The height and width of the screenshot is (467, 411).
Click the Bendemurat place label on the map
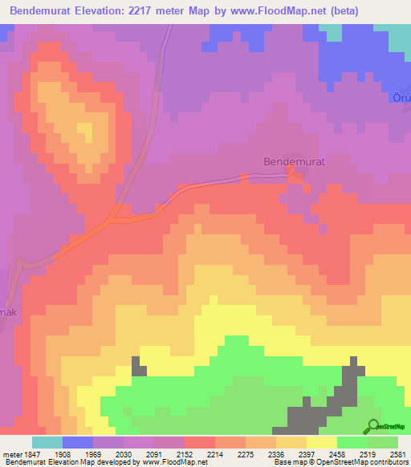(x=294, y=162)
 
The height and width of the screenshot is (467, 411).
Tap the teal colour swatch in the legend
(x=47, y=442)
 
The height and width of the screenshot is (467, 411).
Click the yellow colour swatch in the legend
(x=321, y=442)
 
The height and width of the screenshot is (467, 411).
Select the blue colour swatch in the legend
(x=77, y=442)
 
